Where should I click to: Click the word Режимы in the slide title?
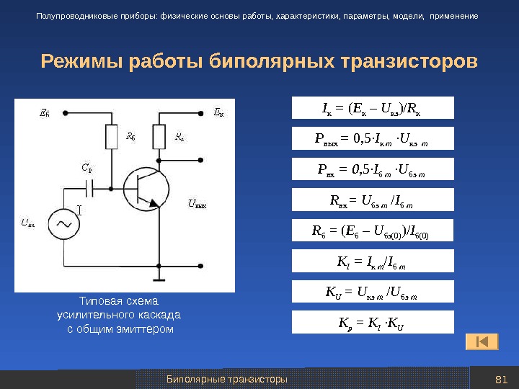pos(81,61)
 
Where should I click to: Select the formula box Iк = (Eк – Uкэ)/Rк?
pos(373,108)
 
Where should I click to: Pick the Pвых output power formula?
pos(373,138)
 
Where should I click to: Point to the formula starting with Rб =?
pos(373,231)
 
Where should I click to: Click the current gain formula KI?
pos(373,261)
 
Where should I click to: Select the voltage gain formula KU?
pos(373,292)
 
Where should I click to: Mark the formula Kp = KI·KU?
pos(373,322)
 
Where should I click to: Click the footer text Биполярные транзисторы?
pos(227,379)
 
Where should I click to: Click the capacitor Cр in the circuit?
pos(90,189)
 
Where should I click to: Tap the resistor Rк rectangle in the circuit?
pos(160,137)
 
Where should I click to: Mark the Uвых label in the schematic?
pos(197,205)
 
